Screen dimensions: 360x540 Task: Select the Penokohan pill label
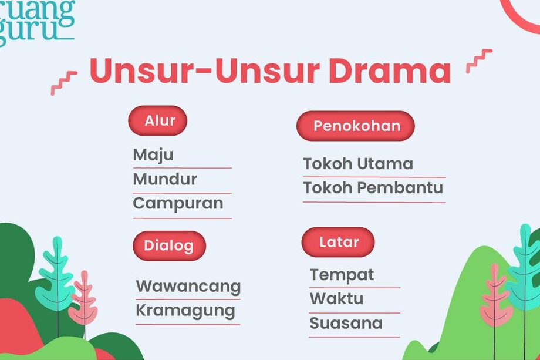[356, 126]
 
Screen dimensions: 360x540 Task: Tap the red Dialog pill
[168, 245]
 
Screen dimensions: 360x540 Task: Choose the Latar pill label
[338, 242]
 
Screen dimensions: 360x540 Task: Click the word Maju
[153, 155]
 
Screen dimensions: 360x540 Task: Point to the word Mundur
[165, 179]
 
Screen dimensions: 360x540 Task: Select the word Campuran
[178, 204]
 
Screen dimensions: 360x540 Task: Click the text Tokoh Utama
[358, 164]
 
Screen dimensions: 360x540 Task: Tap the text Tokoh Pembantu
[373, 189]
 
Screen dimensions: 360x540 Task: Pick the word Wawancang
[188, 287]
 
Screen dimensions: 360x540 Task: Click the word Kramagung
[185, 311]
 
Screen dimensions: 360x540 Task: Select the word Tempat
[342, 275]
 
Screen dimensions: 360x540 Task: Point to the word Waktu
[336, 299]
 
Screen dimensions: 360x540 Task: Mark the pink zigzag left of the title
[63, 83]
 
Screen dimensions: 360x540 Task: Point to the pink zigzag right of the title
[479, 60]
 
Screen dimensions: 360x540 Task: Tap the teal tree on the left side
[56, 276]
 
